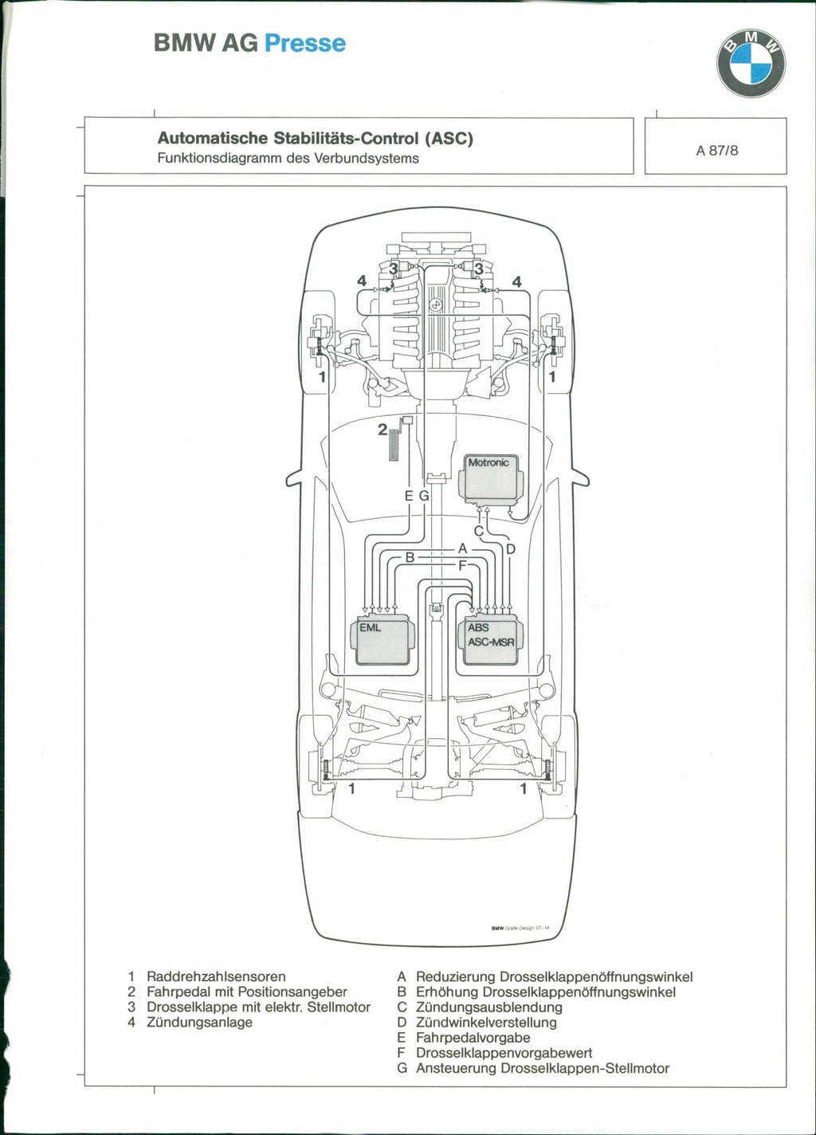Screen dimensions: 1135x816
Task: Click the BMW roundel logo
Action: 751,64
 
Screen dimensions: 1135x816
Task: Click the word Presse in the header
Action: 304,43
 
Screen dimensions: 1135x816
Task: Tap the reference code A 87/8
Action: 716,150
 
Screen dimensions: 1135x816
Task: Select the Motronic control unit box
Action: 490,477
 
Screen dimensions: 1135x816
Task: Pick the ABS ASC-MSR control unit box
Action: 492,639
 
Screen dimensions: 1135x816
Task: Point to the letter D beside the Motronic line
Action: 511,548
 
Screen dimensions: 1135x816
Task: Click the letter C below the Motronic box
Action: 478,531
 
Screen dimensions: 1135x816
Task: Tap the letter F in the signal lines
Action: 461,565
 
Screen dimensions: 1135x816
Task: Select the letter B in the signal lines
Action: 410,557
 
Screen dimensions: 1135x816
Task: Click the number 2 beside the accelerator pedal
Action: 382,430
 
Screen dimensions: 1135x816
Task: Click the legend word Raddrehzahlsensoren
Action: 216,976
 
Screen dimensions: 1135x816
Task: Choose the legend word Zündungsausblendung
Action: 488,1007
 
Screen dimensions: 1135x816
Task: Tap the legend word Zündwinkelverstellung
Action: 486,1023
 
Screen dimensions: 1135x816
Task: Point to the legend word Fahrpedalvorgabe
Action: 473,1038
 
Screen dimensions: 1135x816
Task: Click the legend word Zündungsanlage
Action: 199,1023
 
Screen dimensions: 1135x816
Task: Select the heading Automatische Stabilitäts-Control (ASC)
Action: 315,139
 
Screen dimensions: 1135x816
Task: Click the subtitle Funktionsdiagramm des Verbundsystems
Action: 288,158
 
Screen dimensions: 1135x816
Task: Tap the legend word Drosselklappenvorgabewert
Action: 504,1053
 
